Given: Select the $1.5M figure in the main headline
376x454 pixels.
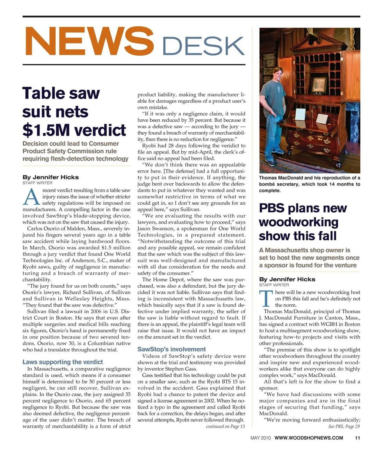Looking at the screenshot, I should click(47, 130).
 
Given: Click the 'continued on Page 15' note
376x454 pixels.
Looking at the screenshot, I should click(225, 427).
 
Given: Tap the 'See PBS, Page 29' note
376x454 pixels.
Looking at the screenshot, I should click(344, 427).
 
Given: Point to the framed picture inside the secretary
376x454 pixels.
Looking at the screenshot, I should click(319, 84).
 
